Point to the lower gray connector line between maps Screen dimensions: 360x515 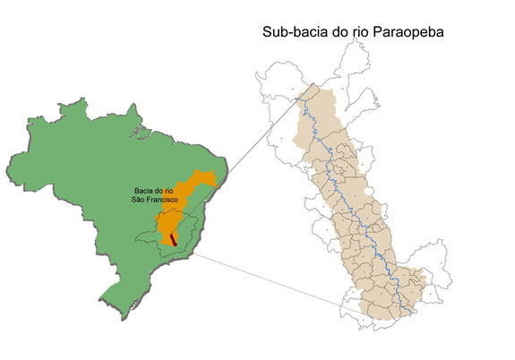(x=269, y=279)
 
